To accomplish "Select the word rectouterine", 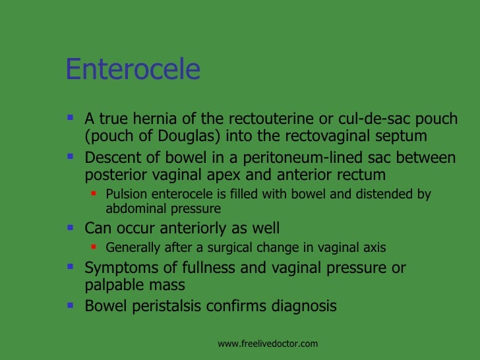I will [x=267, y=119].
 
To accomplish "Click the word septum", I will [x=403, y=136].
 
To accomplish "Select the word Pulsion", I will [x=125, y=195].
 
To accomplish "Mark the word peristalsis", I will [x=170, y=307].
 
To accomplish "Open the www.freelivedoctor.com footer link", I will [x=268, y=344].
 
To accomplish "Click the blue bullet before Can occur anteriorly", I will [x=71, y=228].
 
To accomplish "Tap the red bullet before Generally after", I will [x=94, y=248].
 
